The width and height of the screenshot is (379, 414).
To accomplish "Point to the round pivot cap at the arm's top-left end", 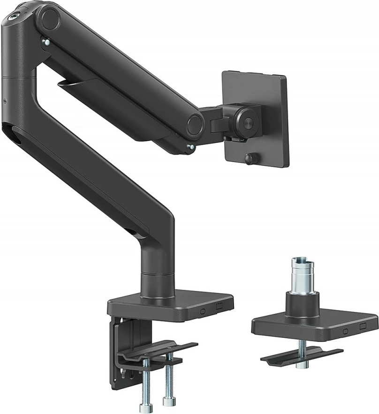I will pyautogui.click(x=48, y=19).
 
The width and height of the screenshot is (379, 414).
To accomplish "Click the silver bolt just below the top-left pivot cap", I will pyautogui.click(x=46, y=43).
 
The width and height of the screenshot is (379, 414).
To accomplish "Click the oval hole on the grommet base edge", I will pyautogui.click(x=345, y=330).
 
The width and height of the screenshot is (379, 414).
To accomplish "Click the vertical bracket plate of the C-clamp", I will pyautogui.click(x=123, y=348).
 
